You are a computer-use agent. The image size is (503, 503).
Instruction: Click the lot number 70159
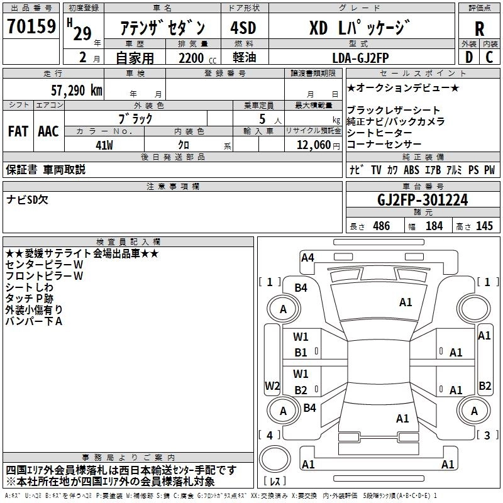31,27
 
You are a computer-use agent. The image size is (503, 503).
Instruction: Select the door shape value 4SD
243,28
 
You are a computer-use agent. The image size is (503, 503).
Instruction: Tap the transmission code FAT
18,131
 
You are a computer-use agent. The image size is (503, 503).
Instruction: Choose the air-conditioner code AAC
48,131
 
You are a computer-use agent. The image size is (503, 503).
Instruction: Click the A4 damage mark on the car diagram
307,257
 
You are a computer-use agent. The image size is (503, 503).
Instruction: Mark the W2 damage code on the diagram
272,385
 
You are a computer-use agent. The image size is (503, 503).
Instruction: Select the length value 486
380,226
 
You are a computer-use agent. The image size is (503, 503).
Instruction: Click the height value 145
484,226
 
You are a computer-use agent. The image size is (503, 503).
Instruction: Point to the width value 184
434,226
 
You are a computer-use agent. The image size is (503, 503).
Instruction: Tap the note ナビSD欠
27,200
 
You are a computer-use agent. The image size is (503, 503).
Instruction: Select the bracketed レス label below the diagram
275,482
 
